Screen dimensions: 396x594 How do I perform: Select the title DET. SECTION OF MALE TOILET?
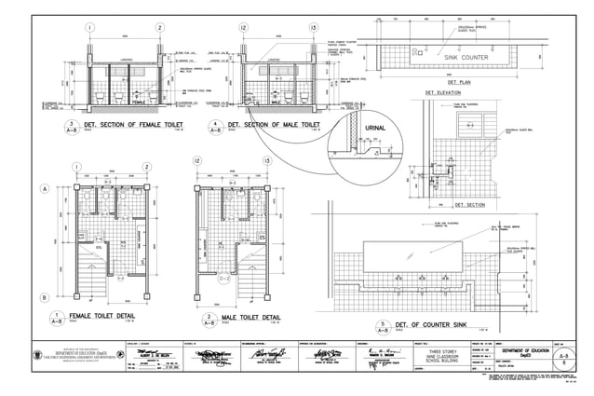[x=276, y=124]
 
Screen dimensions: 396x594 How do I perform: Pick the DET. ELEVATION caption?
[x=443, y=93]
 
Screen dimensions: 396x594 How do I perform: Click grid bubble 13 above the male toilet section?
[x=313, y=28]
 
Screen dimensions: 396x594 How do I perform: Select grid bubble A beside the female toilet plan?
[x=44, y=189]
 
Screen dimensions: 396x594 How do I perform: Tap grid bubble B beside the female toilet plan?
[x=44, y=297]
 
